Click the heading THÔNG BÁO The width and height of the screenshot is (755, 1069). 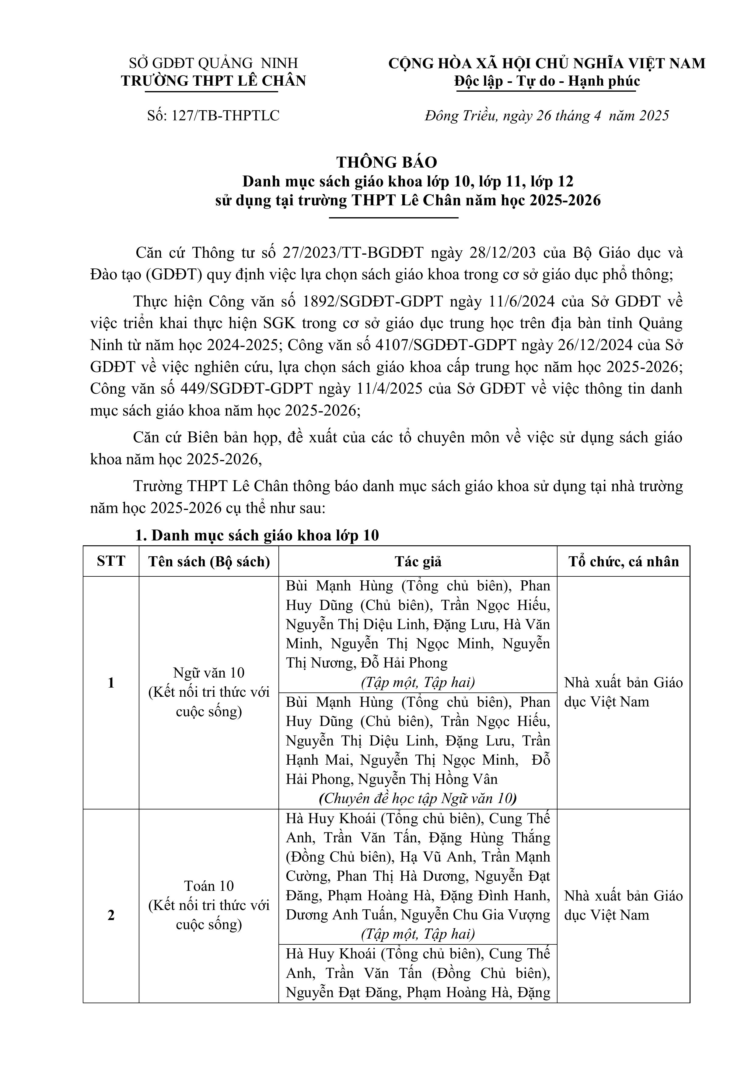point(386,162)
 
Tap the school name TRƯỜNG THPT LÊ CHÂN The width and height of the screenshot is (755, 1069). point(214,81)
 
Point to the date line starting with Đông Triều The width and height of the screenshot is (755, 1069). point(547,115)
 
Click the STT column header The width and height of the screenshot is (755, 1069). point(111,561)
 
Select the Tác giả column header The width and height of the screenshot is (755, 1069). point(418,561)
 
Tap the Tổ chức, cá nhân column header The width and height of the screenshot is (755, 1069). point(623,561)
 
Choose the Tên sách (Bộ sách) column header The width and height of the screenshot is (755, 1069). point(209,561)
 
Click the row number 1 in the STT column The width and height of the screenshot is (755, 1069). point(111,683)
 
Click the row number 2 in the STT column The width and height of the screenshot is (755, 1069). point(111,915)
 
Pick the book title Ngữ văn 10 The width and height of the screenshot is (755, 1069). point(209,673)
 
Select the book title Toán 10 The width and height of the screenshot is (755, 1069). point(209,886)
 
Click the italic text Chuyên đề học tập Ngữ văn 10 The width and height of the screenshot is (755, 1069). point(418,798)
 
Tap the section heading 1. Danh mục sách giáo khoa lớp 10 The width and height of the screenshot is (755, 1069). point(257,536)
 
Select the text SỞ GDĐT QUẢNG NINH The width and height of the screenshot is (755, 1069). point(214,63)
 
